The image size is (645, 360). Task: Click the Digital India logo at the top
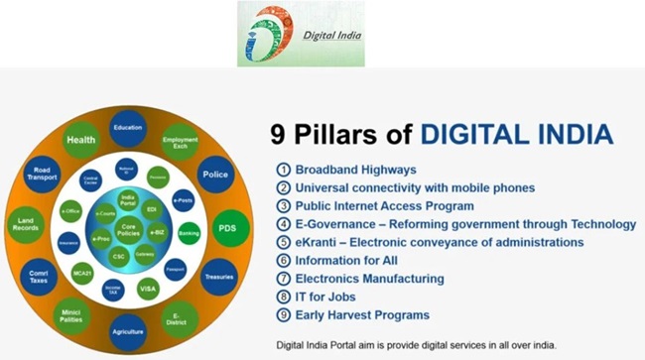point(300,34)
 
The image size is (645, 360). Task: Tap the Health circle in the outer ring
point(80,141)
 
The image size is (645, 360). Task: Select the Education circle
point(128,128)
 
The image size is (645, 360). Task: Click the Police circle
point(214,175)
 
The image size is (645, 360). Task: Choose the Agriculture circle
point(128,329)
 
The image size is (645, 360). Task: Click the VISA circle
point(148,289)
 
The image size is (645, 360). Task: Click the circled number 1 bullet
point(283,170)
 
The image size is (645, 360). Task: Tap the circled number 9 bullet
point(283,314)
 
